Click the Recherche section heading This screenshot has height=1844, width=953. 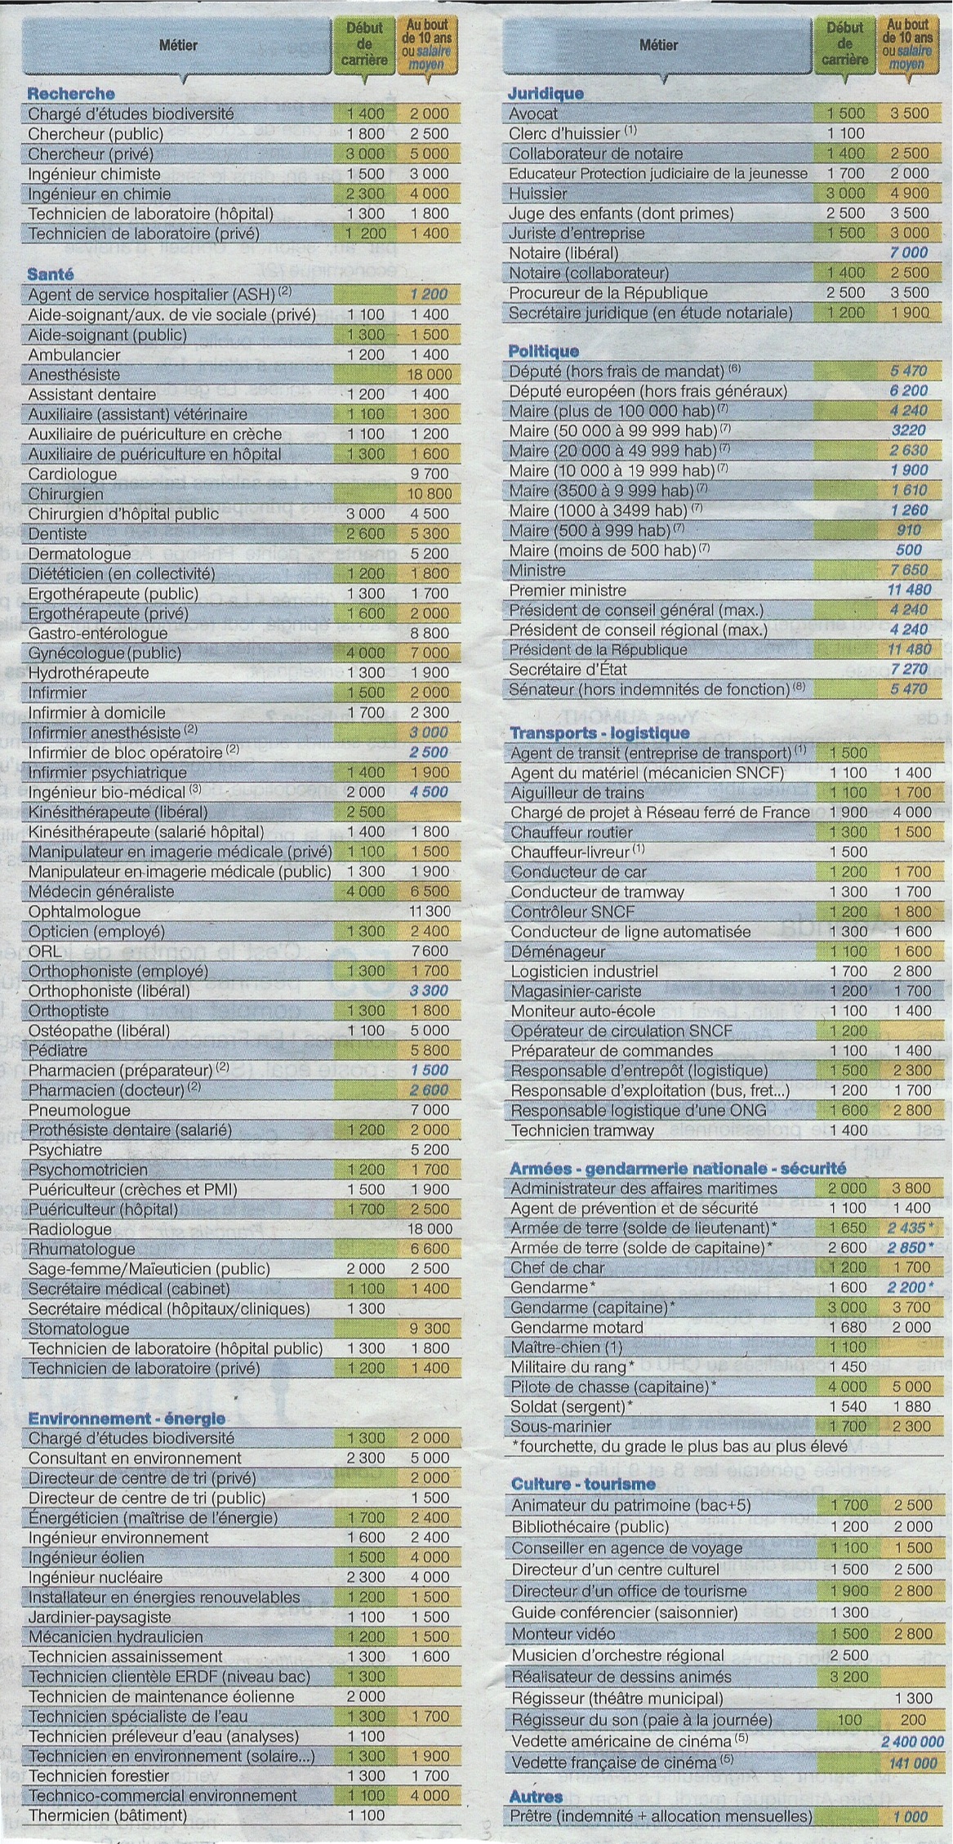71,93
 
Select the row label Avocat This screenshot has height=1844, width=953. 533,114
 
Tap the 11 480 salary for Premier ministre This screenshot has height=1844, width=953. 908,590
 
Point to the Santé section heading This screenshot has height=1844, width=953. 51,274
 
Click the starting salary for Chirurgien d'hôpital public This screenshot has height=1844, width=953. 365,514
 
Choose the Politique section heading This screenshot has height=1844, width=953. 543,351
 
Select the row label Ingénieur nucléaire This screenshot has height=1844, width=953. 96,1577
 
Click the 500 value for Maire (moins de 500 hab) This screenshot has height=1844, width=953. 909,550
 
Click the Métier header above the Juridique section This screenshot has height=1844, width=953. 658,46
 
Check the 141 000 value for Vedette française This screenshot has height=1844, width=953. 912,1762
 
